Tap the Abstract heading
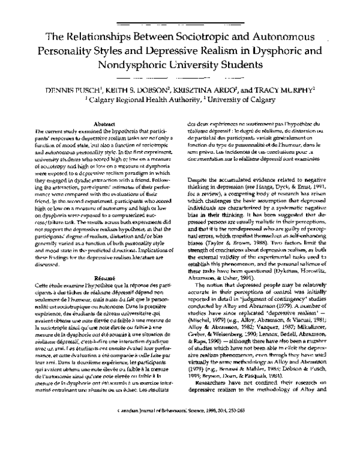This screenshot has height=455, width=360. pyautogui.click(x=104, y=123)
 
